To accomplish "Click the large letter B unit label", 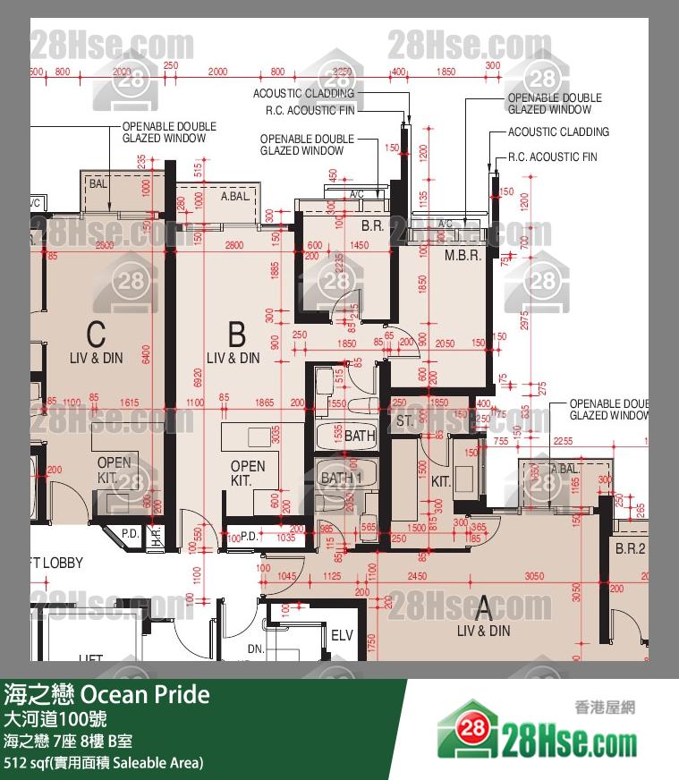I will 236,335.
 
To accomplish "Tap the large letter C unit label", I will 96,335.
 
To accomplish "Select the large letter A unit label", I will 483,609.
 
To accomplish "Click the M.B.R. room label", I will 463,255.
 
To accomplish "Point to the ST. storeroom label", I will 404,420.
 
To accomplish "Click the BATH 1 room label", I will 341,478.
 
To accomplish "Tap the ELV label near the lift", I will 342,636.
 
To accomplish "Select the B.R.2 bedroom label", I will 630,549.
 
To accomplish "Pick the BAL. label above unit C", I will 98,183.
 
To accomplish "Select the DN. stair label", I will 256,649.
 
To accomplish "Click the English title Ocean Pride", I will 145,695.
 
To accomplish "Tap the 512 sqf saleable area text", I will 104,763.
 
